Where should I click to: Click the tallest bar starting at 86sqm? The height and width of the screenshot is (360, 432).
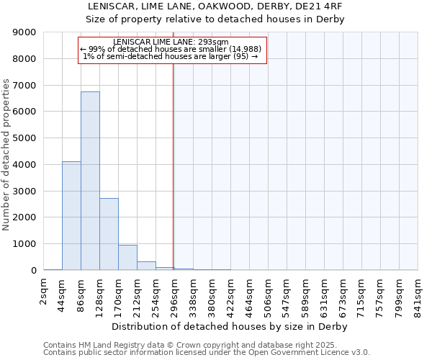pos(90,181)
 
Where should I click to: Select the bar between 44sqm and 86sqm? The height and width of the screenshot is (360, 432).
pos(71,216)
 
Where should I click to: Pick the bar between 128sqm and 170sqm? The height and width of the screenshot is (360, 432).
pos(109,234)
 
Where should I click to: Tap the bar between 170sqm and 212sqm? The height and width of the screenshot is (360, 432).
pos(127,257)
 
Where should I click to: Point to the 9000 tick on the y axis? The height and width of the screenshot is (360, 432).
pos(25,32)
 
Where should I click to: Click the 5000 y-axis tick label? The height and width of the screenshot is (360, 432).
pos(25,138)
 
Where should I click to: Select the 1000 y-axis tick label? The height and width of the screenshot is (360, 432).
pos(25,244)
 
